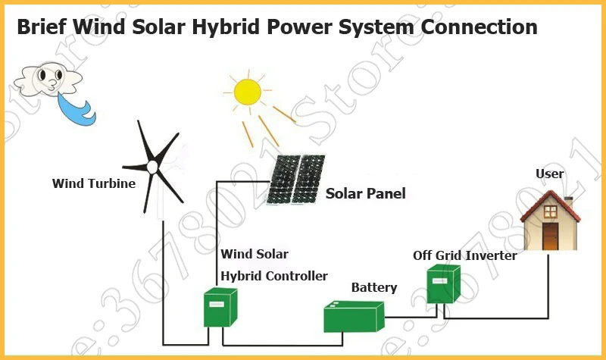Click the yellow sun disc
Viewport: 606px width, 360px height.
[248, 92]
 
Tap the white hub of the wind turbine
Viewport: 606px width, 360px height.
[152, 167]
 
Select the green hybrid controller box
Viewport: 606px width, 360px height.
[220, 308]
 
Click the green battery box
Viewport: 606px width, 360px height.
[354, 317]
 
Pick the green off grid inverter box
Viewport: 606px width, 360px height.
[443, 284]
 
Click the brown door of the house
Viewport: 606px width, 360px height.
[551, 236]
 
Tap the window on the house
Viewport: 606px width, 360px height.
[551, 211]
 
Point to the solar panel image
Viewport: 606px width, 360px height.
[296, 179]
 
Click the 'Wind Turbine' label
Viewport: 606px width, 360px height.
[94, 183]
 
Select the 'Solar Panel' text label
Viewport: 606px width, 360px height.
[366, 193]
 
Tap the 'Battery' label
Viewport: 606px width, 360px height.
[374, 288]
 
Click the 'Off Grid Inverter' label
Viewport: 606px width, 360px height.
[465, 255]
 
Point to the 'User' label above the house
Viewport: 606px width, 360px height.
[550, 174]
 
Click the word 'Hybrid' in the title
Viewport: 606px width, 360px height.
[225, 27]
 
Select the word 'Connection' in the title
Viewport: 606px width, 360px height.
[479, 27]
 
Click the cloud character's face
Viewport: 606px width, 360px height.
[49, 78]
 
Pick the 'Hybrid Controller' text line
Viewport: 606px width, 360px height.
[274, 276]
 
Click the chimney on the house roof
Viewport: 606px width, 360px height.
[569, 202]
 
